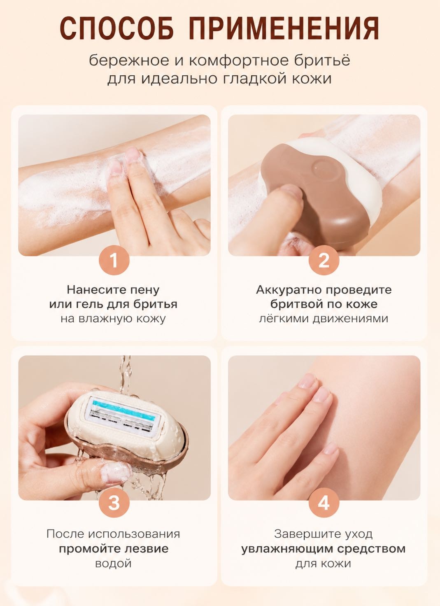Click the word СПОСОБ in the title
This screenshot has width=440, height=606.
coord(117,28)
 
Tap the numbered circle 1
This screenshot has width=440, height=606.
coord(114,260)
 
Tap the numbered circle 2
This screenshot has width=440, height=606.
coord(324,260)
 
